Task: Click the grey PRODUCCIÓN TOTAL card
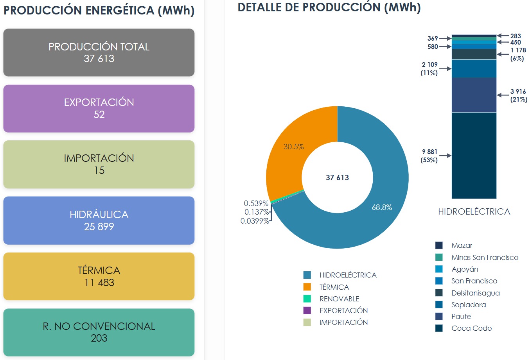[99, 52]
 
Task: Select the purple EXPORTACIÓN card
[99, 108]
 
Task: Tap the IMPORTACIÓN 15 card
[99, 164]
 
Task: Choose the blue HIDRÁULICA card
[99, 220]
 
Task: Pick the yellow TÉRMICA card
[99, 276]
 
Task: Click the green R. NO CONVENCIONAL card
[99, 332]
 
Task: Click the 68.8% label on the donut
[382, 208]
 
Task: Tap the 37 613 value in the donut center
[337, 177]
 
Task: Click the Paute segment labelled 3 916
[474, 95]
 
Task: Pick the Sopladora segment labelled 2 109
[474, 69]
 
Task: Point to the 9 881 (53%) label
[429, 156]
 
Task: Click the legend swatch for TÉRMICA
[307, 287]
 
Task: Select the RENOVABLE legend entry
[339, 299]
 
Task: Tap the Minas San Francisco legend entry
[484, 258]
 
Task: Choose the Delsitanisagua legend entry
[475, 293]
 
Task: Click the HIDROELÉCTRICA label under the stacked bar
[474, 212]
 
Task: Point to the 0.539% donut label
[256, 204]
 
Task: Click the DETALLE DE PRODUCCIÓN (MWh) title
[329, 7]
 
